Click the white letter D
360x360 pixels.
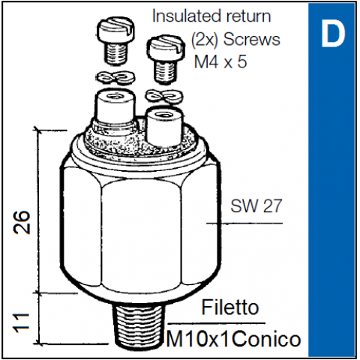333,33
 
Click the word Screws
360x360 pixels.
252,40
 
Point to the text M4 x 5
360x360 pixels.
220,61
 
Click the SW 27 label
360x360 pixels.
256,206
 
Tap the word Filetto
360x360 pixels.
229,307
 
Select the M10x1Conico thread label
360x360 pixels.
233,339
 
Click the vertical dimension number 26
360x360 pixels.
22,222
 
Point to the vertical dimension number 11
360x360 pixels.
22,323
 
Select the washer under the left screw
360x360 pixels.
115,77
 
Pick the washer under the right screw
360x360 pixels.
164,97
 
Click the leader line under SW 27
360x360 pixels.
244,223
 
